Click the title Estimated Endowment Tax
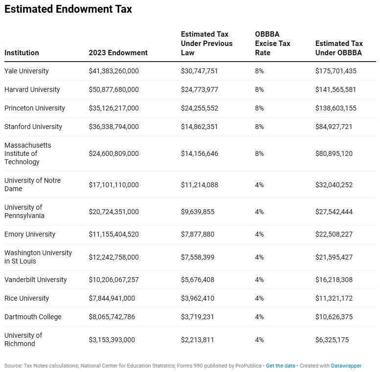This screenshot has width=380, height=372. coord(68,9)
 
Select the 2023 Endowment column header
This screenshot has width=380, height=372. coord(118,53)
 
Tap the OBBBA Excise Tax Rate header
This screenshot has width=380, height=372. coord(272,44)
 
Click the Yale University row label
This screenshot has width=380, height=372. coord(26,71)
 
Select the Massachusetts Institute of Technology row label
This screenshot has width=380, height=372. coord(28,153)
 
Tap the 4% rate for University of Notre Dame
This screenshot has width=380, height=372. coord(259,185)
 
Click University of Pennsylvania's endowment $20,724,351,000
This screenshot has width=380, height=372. coord(113,212)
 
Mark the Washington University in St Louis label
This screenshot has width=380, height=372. coord(38,257)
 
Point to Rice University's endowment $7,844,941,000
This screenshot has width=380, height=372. coord(112,298)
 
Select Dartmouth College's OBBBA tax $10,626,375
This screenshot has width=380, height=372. coord(335,317)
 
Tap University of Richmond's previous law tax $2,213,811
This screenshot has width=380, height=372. coord(198,340)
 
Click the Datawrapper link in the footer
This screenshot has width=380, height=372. coord(346,366)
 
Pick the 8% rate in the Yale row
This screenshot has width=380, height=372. coord(259,71)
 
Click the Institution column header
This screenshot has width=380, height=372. coord(22,53)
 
